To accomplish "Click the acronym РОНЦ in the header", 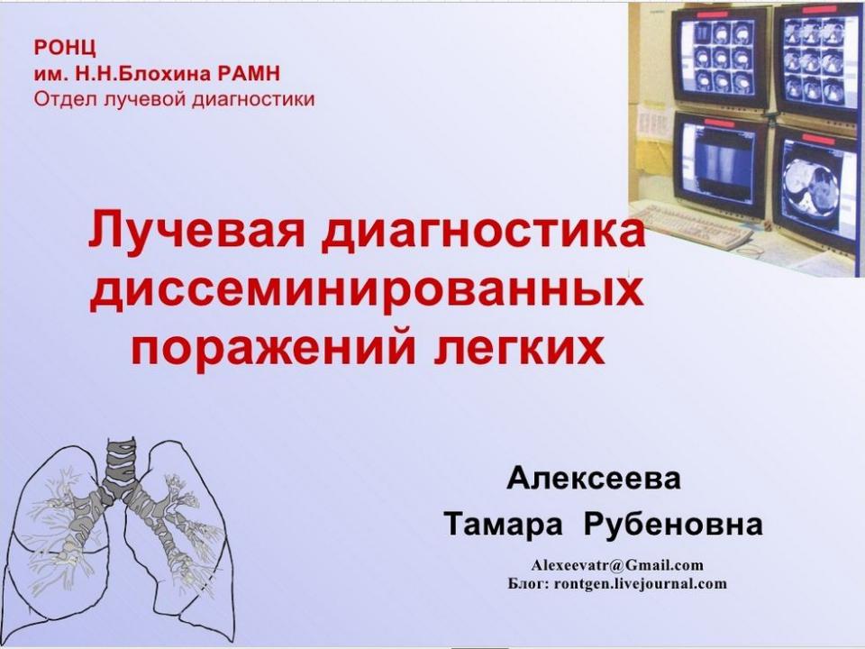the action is tap(65, 48).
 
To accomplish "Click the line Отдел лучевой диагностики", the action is tap(174, 99).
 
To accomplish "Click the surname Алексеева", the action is tap(594, 478).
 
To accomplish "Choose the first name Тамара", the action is tap(503, 525).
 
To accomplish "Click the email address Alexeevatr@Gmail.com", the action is tap(617, 565).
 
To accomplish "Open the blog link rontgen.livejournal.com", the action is tap(640, 583).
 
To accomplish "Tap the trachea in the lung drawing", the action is tap(120, 463).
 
